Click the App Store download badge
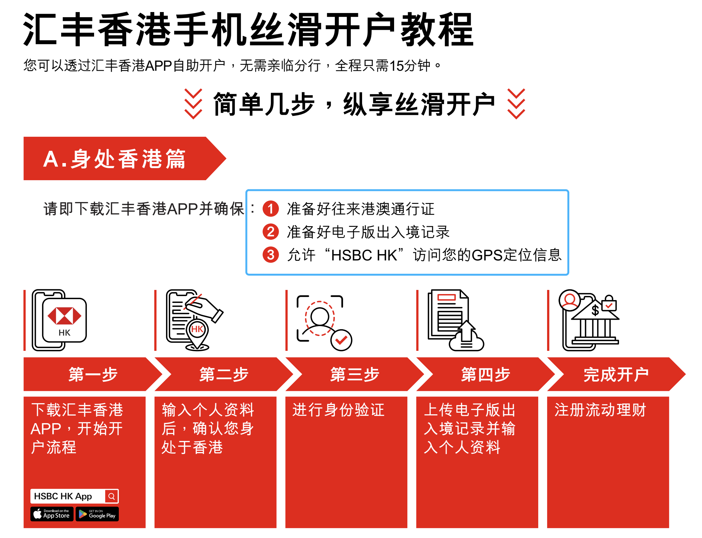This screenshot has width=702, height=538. [52, 514]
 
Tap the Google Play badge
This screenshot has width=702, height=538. [97, 514]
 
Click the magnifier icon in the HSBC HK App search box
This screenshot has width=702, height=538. [111, 496]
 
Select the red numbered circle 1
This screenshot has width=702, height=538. [271, 209]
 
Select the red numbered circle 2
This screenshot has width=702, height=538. [271, 232]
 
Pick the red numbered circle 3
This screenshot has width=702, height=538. [271, 255]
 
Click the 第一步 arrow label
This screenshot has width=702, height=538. [93, 374]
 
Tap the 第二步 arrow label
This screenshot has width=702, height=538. [224, 374]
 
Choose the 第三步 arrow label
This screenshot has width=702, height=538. [354, 374]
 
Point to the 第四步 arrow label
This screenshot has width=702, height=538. [485, 374]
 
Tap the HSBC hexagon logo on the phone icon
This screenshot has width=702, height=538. [64, 316]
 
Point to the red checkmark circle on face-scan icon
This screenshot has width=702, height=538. [341, 340]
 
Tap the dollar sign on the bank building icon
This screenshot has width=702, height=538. [595, 310]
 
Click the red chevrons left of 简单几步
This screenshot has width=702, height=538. [193, 104]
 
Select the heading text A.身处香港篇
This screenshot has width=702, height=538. [114, 159]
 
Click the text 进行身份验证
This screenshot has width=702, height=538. [338, 410]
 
